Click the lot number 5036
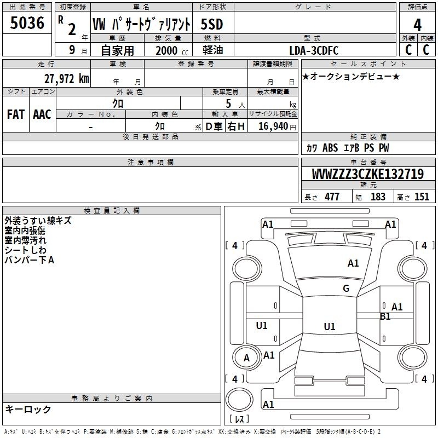coord(27,22)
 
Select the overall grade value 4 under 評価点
coord(417,25)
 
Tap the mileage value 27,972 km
coord(67,79)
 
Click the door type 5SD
coord(212,24)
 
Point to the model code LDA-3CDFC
coord(314,50)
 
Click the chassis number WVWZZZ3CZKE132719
coord(367,174)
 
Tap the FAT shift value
coord(16,114)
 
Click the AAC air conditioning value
coord(42,114)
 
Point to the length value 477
coord(332,197)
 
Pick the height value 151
coord(422,197)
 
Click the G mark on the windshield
coord(346,289)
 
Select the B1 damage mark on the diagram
coord(385,316)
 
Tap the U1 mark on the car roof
coord(330,326)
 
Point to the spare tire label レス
coord(239,419)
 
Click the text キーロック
coord(28,409)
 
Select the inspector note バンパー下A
coord(30,260)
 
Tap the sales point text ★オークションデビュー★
coord(351,77)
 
